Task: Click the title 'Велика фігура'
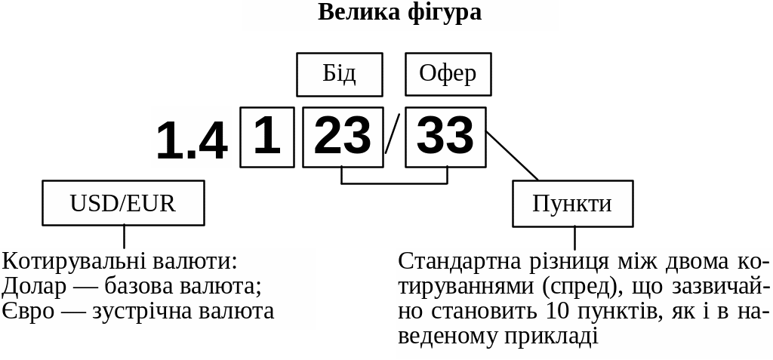point(399,13)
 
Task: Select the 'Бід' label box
point(339,74)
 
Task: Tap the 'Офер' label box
point(448,74)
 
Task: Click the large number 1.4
point(192,139)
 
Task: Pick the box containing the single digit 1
point(267,137)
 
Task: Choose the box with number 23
point(343,137)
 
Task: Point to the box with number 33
point(445,137)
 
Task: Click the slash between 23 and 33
point(392,134)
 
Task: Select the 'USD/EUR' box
point(123,203)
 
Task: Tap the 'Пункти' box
point(572,204)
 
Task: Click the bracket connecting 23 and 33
point(394,183)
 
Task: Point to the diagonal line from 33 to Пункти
point(513,156)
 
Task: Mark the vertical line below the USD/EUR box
point(124,236)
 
